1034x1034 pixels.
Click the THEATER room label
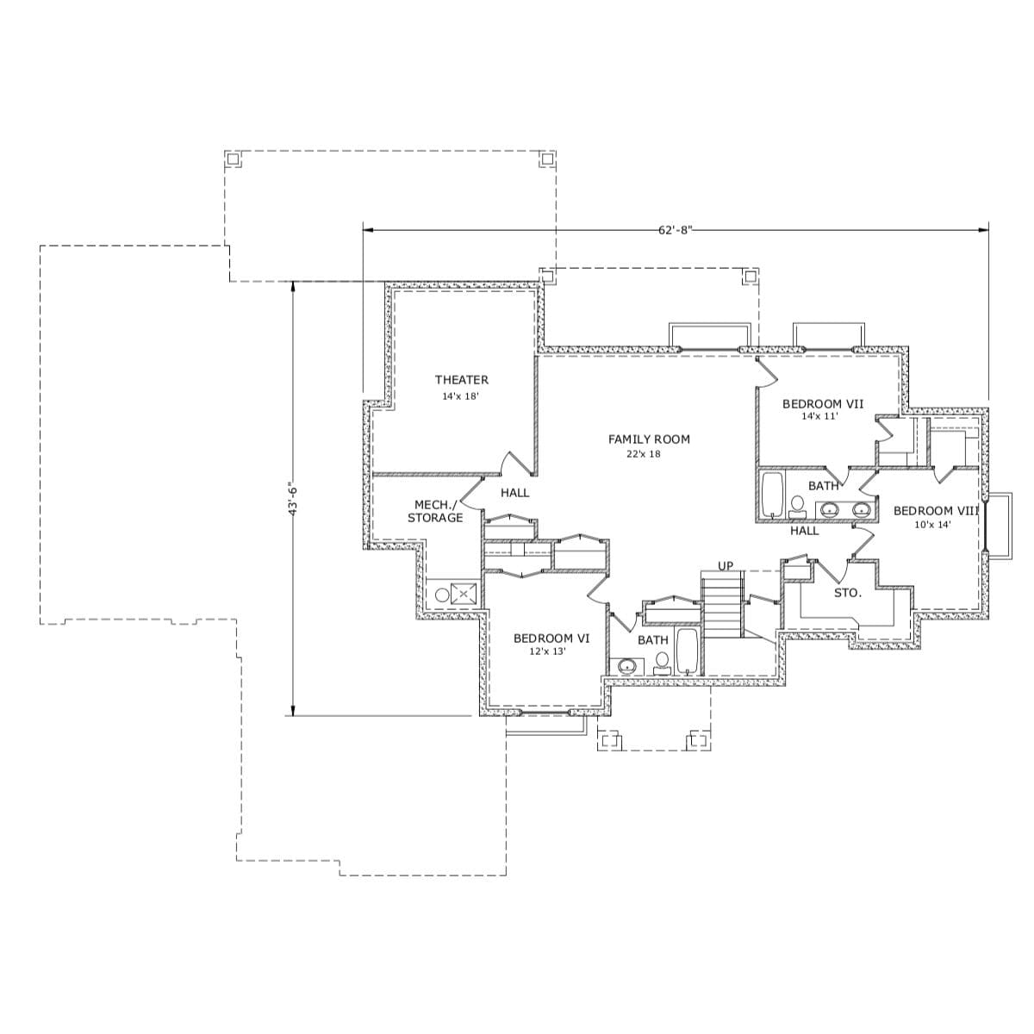pyautogui.click(x=461, y=380)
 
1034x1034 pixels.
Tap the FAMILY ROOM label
pyautogui.click(x=649, y=439)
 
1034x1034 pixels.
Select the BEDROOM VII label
pyautogui.click(x=823, y=403)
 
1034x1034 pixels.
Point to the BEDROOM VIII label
pyautogui.click(x=936, y=511)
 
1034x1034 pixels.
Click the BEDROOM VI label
pyautogui.click(x=551, y=638)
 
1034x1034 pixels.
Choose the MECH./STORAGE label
pyautogui.click(x=435, y=511)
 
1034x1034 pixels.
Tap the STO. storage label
pyautogui.click(x=847, y=593)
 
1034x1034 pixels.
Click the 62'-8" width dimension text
pyautogui.click(x=676, y=230)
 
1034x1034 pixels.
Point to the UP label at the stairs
pyautogui.click(x=726, y=566)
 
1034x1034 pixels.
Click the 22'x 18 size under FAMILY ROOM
pyautogui.click(x=644, y=454)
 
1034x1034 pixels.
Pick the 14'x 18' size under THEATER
pyautogui.click(x=460, y=396)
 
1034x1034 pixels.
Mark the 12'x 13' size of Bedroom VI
pyautogui.click(x=547, y=652)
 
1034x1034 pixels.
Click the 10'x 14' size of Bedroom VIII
pyautogui.click(x=932, y=524)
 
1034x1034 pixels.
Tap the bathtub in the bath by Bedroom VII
pyautogui.click(x=771, y=495)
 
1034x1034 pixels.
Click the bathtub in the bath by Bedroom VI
pyautogui.click(x=687, y=652)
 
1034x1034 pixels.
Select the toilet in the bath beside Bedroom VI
pyautogui.click(x=662, y=662)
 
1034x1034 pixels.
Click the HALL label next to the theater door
pyautogui.click(x=515, y=493)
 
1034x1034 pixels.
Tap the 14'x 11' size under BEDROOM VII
pyautogui.click(x=819, y=416)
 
